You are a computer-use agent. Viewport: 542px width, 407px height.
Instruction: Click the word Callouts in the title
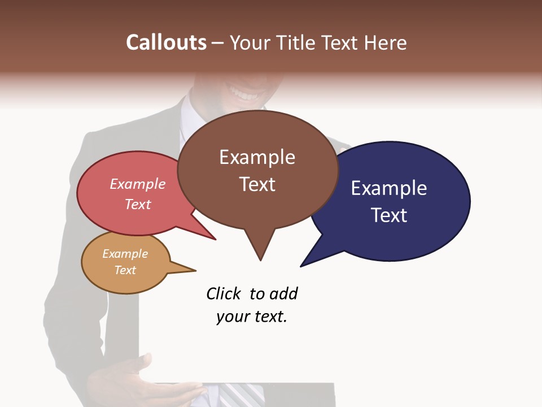pos(166,42)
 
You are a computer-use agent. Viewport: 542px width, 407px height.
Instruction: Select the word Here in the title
pos(385,42)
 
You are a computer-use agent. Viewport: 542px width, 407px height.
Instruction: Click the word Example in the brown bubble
pos(257,157)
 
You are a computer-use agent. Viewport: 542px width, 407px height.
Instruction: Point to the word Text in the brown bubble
pos(257,184)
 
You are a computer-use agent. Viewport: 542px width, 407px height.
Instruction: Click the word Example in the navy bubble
pos(389,188)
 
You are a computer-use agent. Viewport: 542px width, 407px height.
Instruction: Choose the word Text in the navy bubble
pos(389,215)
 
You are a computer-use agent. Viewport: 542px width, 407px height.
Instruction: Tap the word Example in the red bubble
pos(137,184)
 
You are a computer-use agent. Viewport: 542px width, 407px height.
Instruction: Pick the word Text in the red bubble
pos(137,204)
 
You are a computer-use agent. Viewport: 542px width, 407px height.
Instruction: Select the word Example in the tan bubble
pos(125,254)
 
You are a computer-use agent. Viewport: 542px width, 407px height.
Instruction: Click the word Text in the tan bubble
pos(125,270)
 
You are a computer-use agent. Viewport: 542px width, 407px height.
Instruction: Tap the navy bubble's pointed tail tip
pos(301,266)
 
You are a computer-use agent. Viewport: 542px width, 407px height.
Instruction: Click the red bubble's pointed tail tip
pos(215,239)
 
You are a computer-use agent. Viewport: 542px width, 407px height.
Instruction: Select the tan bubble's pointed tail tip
pos(195,271)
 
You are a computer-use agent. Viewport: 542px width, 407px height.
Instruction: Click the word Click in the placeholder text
pos(224,294)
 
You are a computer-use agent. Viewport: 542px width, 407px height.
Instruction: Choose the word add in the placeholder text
pos(283,294)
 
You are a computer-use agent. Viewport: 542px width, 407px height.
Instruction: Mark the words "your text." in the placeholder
pos(252,317)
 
